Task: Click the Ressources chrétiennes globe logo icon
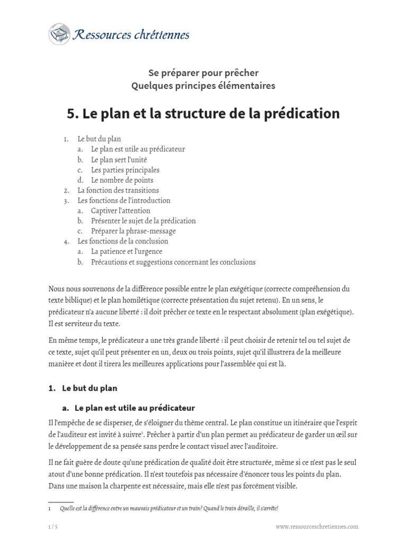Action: click(x=59, y=34)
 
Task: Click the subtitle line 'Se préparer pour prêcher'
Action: click(x=203, y=73)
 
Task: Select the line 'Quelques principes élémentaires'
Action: click(x=203, y=86)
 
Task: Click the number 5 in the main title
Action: click(x=72, y=113)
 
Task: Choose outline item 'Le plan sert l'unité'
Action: click(x=119, y=160)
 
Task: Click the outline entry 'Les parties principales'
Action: click(x=125, y=170)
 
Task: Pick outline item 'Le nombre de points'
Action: click(x=122, y=180)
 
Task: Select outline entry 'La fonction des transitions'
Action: click(x=118, y=190)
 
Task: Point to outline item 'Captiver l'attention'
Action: click(x=120, y=211)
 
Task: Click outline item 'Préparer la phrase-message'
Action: click(x=133, y=231)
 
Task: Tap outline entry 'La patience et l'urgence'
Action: click(x=126, y=251)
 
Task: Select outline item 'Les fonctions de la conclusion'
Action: click(x=122, y=241)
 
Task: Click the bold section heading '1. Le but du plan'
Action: click(x=83, y=388)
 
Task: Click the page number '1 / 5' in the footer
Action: click(x=53, y=527)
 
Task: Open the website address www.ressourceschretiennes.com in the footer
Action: click(x=317, y=527)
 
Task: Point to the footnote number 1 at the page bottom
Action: click(x=49, y=508)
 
